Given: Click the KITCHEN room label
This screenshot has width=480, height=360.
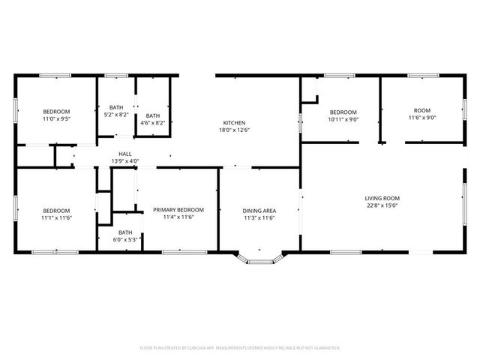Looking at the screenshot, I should click(x=234, y=122).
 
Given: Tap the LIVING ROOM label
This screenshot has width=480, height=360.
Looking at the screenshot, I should click(x=382, y=198).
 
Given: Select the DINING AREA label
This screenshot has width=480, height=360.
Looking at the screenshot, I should click(x=259, y=211).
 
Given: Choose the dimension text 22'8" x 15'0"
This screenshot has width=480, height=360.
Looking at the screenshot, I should click(x=382, y=205).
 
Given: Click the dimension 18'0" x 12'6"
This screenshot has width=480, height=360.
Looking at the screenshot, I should click(x=234, y=130).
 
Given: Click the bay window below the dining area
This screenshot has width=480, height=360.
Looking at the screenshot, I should click(x=259, y=260).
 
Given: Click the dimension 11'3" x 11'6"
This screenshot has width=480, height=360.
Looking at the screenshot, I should click(x=259, y=218).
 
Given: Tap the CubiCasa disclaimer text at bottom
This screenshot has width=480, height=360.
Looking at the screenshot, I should click(x=240, y=348).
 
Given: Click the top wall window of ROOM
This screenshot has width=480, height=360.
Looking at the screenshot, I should click(x=423, y=75).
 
